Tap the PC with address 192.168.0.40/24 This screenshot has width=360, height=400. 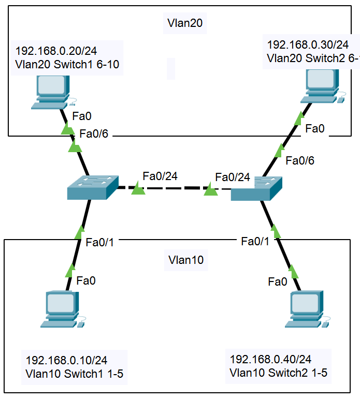[308, 309]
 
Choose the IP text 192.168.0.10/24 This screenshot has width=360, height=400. [67, 360]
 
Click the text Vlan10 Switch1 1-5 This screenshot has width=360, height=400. [74, 373]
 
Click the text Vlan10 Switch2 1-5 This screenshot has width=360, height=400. [278, 372]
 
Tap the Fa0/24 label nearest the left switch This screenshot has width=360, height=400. [160, 176]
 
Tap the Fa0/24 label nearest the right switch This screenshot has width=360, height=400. [233, 177]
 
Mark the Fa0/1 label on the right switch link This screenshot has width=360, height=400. [255, 241]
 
